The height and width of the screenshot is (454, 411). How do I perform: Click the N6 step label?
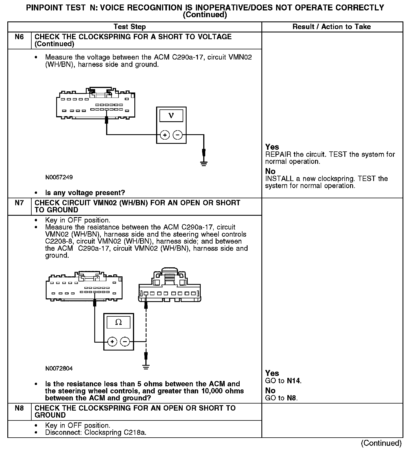coord(19,37)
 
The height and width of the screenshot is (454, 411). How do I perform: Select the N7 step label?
coord(19,203)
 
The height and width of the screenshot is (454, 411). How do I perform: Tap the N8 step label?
coord(19,408)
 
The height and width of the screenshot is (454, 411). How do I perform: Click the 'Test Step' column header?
coord(130,27)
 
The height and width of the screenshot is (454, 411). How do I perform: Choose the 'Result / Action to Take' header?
coord(332,27)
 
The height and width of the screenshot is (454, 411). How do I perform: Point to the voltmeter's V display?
coord(171,116)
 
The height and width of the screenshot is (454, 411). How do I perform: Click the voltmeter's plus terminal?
coord(165,135)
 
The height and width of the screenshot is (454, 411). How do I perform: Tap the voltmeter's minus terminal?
coord(178,135)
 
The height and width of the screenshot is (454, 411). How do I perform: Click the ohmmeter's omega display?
coord(119,322)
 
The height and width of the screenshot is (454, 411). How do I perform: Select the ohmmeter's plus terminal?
coord(112,342)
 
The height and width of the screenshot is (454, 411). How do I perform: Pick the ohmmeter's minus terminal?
coord(125,342)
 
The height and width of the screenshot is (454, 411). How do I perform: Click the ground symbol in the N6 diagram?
coord(204,163)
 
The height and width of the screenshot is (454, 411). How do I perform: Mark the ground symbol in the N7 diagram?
coord(146,367)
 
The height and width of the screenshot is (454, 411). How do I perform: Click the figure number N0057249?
coord(59,177)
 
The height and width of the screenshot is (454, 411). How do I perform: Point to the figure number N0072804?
coord(59,368)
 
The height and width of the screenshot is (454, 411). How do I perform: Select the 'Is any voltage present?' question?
coord(85,193)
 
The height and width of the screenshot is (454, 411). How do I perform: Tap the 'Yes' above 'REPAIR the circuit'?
coord(272,147)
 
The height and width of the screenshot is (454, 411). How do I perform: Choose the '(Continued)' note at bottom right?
coord(381,443)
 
